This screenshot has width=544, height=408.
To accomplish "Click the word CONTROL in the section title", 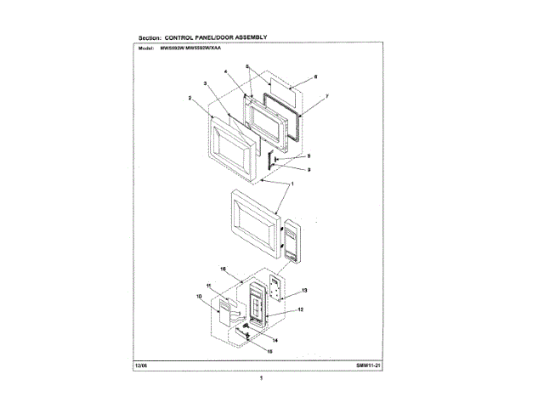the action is pos(186,37).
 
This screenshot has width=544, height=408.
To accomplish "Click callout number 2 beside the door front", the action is pos(190,98).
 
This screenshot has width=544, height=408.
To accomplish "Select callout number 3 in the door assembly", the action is pos(206,82).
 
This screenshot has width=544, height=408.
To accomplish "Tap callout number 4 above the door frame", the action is pos(226,72).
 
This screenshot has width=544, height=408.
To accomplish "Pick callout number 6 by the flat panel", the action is pos(315,77).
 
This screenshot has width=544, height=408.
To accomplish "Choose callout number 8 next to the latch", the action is pos(309,156).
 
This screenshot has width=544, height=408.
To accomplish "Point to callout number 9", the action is pos(309,170).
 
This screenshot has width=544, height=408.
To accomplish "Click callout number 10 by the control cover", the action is pos(199,297).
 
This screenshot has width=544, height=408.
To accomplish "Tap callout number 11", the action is pos(208,284).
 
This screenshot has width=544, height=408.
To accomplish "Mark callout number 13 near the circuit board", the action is pos(304,290).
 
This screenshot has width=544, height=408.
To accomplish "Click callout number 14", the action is pos(275,339).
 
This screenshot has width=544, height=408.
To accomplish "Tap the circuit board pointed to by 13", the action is pos(277,287).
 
